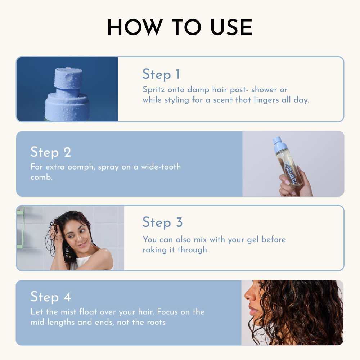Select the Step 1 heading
pos(161,74)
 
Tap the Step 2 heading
pos(51,152)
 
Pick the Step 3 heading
pos(162,222)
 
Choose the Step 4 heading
pos(51,297)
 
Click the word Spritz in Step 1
pos(154,89)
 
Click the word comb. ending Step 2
pos(41,177)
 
